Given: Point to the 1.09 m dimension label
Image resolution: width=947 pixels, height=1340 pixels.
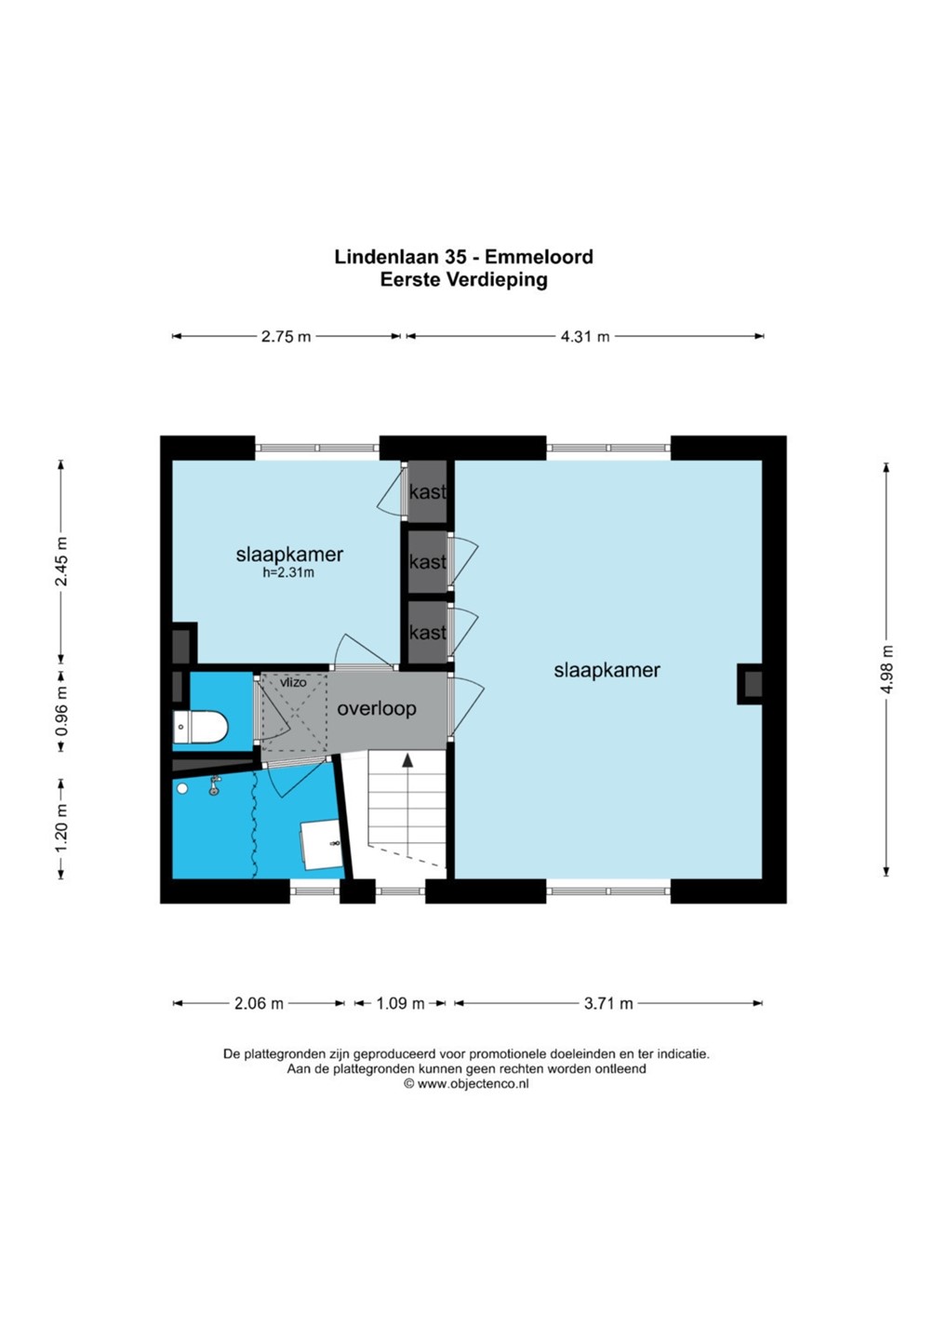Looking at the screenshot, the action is tap(400, 1003).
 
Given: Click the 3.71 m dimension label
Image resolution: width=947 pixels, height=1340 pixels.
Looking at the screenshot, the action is tap(608, 1003).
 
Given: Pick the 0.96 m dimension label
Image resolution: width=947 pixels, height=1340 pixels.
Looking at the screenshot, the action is tap(61, 710).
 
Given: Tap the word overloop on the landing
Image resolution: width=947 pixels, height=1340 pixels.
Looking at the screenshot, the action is tap(377, 709).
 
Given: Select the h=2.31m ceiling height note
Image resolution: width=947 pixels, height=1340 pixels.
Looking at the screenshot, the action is tap(288, 572).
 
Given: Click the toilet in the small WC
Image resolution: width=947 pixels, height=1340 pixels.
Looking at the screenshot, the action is tap(200, 728).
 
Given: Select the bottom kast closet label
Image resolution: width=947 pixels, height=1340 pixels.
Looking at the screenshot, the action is tap(428, 633).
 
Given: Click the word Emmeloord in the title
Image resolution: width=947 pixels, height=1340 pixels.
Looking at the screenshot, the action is tap(539, 257).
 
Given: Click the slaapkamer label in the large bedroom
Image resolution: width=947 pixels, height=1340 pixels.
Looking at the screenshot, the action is tap(607, 671).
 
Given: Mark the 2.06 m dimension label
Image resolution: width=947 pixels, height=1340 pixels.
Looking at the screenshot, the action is tap(259, 1003).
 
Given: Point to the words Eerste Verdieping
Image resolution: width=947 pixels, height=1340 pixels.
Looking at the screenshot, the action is tap(464, 279).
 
